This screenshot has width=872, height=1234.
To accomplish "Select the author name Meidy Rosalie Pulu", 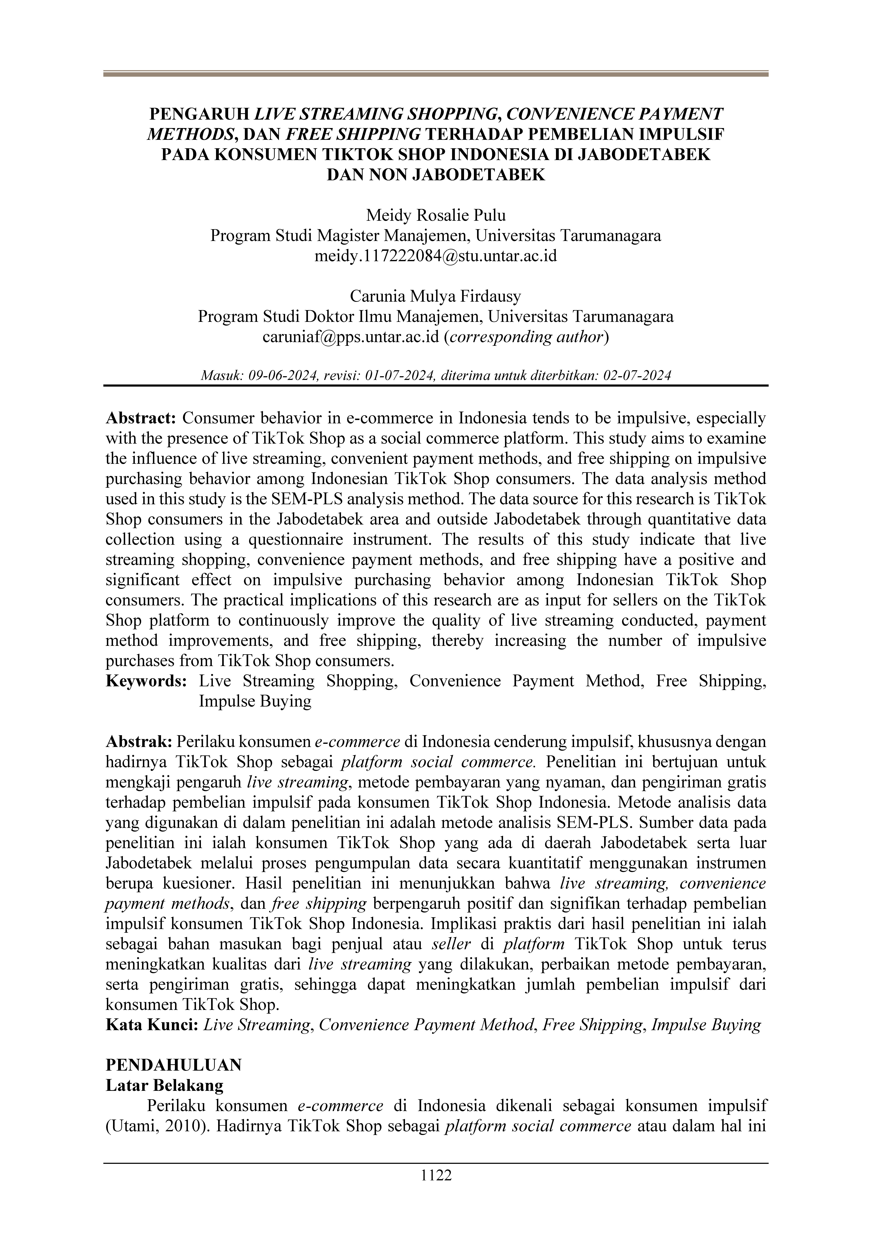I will [436, 215].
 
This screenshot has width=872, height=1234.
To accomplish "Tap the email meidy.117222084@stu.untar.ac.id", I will [436, 256].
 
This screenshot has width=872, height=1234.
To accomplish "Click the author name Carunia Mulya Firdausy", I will [436, 296].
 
